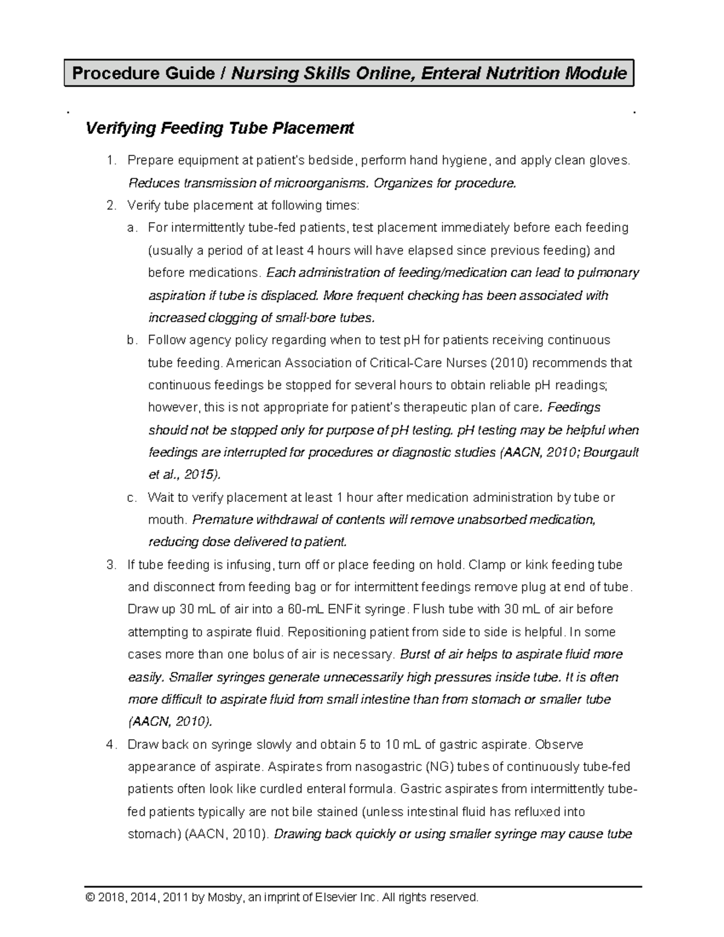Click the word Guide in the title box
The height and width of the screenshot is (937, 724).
pos(189,74)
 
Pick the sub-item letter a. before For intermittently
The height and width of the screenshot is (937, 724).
pos(132,228)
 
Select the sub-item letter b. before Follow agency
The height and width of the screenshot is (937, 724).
pos(132,340)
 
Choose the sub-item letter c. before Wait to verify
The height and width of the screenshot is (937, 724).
pos(132,498)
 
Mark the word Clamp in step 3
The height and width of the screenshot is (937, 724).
pos(486,565)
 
